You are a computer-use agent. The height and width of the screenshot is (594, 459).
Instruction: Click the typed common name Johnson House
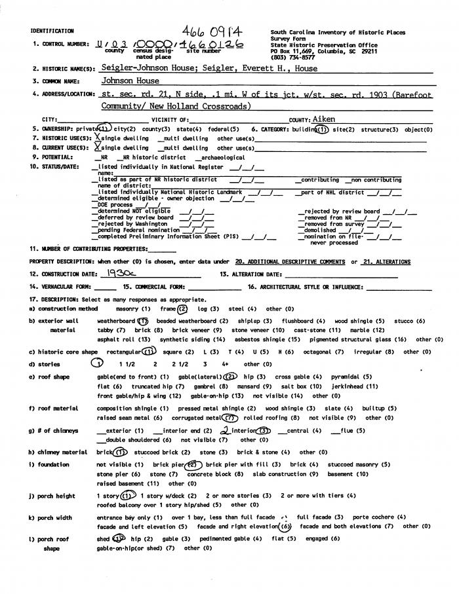pyautogui.click(x=130, y=81)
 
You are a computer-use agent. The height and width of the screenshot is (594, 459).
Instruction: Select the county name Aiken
pyautogui.click(x=324, y=120)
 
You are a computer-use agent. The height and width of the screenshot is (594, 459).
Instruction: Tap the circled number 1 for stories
pyautogui.click(x=97, y=363)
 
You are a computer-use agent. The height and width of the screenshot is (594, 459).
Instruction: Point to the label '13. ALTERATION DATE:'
pyautogui.click(x=251, y=274)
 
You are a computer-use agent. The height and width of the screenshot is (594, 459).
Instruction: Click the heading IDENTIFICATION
pyautogui.click(x=52, y=31)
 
